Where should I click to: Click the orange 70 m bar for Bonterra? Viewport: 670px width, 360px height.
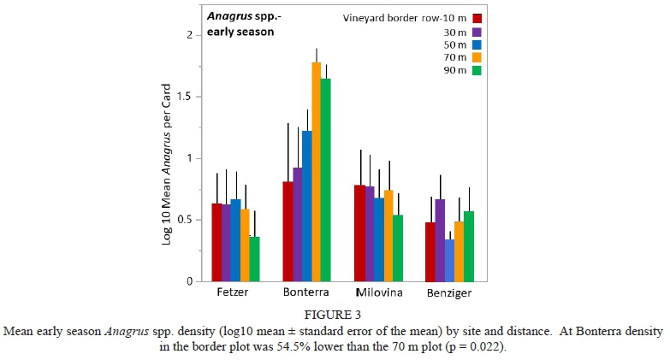pyautogui.click(x=316, y=171)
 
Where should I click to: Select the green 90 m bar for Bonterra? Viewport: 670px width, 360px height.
pyautogui.click(x=326, y=180)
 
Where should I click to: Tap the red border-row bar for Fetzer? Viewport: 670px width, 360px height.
pyautogui.click(x=216, y=242)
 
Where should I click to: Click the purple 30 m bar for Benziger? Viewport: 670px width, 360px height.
pyautogui.click(x=440, y=239)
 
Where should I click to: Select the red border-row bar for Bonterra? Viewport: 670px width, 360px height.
pyautogui.click(x=288, y=231)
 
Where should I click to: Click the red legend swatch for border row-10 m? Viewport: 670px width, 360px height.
pyautogui.click(x=477, y=18)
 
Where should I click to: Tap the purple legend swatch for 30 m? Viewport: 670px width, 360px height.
pyautogui.click(x=477, y=32)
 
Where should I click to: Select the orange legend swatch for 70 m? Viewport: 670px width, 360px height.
pyautogui.click(x=477, y=58)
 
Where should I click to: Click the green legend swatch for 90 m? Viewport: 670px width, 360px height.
pyautogui.click(x=477, y=71)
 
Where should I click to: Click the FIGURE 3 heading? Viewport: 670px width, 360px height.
pyautogui.click(x=335, y=314)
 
